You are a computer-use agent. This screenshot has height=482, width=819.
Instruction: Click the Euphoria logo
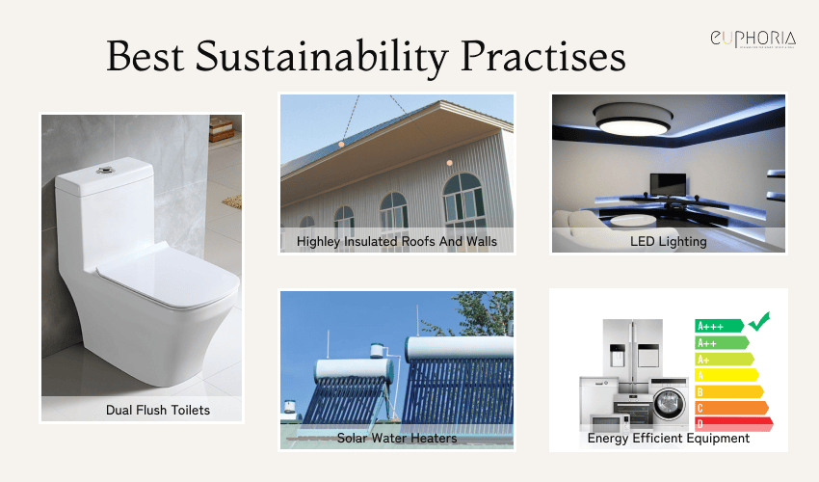tap(752, 40)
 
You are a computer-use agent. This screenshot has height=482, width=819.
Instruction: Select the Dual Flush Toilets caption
tap(158, 410)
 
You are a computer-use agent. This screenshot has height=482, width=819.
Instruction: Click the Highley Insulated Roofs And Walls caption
tap(397, 241)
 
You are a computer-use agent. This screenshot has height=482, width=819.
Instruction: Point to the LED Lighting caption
tap(669, 241)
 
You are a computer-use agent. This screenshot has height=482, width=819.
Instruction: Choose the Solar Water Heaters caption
tap(397, 438)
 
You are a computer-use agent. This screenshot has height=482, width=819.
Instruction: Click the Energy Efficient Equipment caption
tap(669, 438)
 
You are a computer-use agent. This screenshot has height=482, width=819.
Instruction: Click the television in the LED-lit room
tap(663, 183)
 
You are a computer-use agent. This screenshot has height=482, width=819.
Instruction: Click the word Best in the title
tap(145, 56)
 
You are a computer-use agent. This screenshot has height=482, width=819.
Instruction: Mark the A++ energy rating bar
tap(721, 342)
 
